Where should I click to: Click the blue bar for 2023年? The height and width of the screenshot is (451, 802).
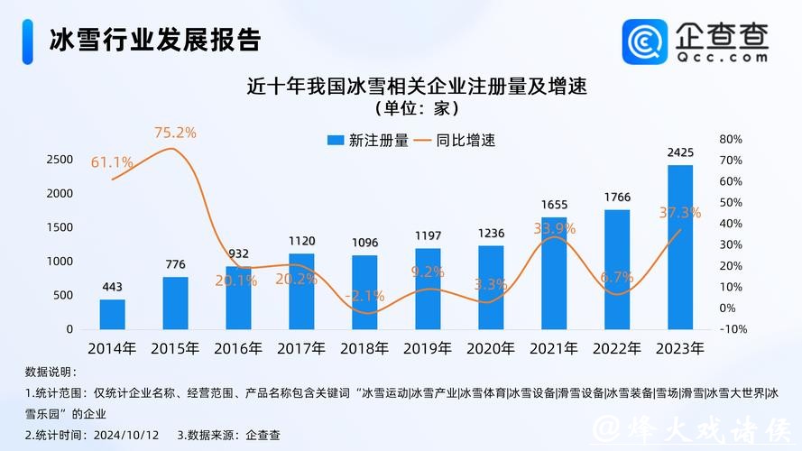(680, 247)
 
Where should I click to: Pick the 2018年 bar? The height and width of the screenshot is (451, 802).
(364, 292)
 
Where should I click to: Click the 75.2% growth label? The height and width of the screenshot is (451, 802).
(175, 133)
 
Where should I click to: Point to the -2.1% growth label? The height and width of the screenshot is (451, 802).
(364, 295)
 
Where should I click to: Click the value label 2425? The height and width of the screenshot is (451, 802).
(680, 152)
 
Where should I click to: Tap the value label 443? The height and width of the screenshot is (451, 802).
(113, 287)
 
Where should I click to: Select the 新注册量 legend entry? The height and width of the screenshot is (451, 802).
(367, 141)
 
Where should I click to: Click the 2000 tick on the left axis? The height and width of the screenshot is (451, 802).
(59, 193)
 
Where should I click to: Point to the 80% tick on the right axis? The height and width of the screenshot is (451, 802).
(731, 139)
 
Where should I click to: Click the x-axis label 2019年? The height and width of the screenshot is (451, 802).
(427, 348)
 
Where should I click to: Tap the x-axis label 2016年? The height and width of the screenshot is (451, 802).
(238, 348)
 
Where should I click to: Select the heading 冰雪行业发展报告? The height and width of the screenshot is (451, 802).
(154, 40)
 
